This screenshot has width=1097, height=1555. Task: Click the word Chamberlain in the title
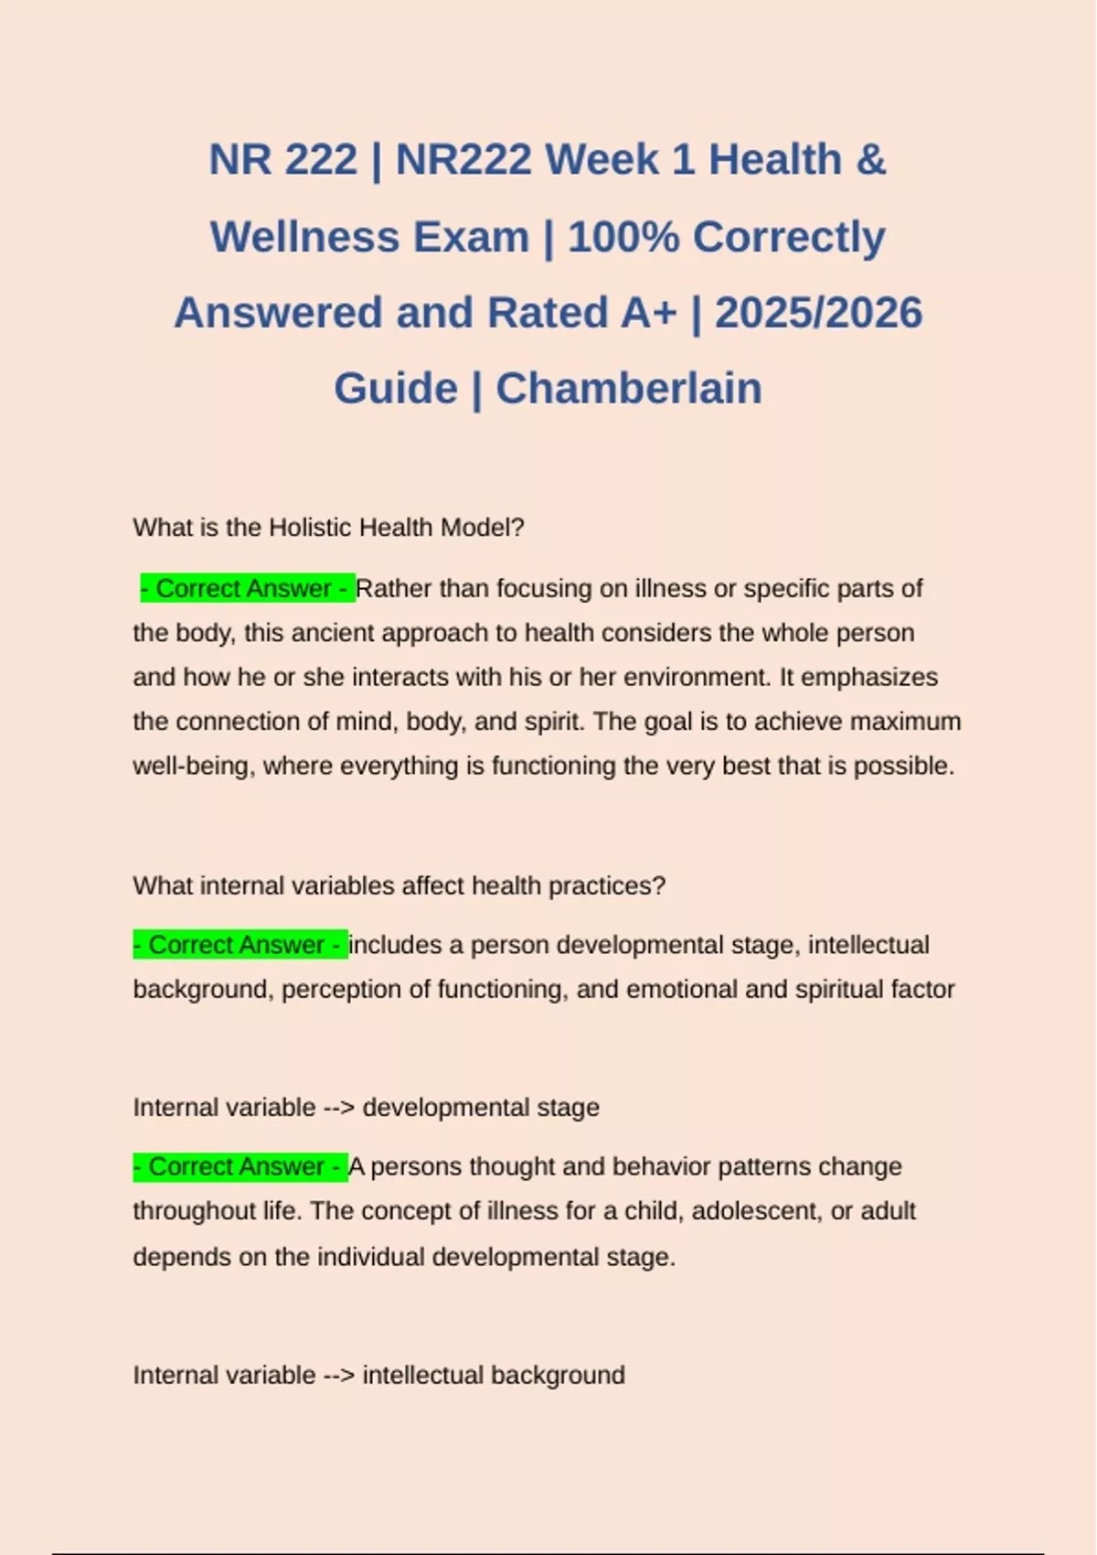[x=629, y=388]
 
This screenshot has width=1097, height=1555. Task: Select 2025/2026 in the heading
[x=818, y=313]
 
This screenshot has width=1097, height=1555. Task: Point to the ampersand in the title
[x=871, y=160]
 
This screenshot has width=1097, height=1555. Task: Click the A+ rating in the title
[x=649, y=313]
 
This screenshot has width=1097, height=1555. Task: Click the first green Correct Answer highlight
[x=247, y=588]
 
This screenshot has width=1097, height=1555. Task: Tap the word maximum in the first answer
[x=905, y=722]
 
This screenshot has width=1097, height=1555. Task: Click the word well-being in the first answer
[x=190, y=766]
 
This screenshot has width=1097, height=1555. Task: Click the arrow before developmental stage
[x=339, y=1108]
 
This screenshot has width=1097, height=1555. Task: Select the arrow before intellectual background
[x=339, y=1376]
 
